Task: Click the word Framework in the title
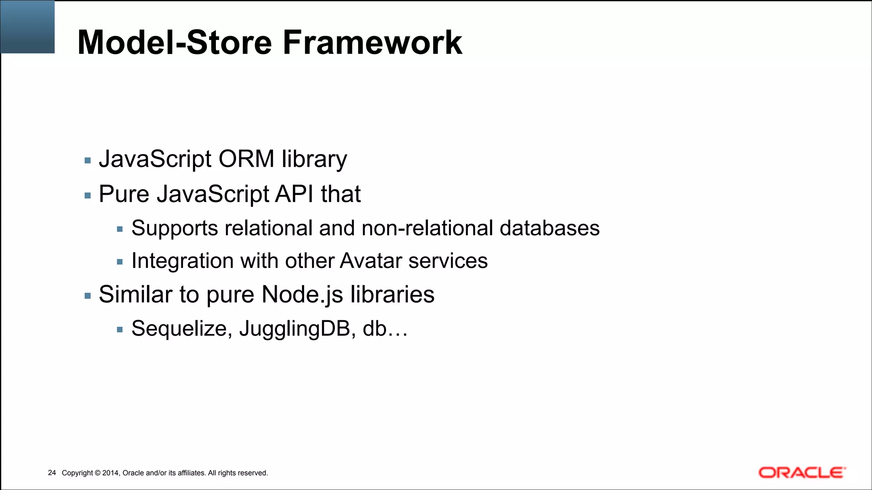click(x=372, y=43)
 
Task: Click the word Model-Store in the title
click(x=175, y=43)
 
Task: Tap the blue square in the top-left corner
click(x=28, y=27)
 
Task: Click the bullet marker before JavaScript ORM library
click(x=88, y=161)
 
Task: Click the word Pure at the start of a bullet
click(x=124, y=194)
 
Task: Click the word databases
click(x=549, y=228)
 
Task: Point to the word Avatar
click(x=371, y=261)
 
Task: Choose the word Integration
click(x=182, y=261)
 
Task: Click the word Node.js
click(x=302, y=294)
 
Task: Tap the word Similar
click(x=135, y=294)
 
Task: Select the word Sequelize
click(x=181, y=328)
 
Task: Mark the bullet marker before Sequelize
click(x=120, y=330)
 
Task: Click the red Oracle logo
click(x=801, y=473)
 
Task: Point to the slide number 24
click(x=52, y=473)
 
